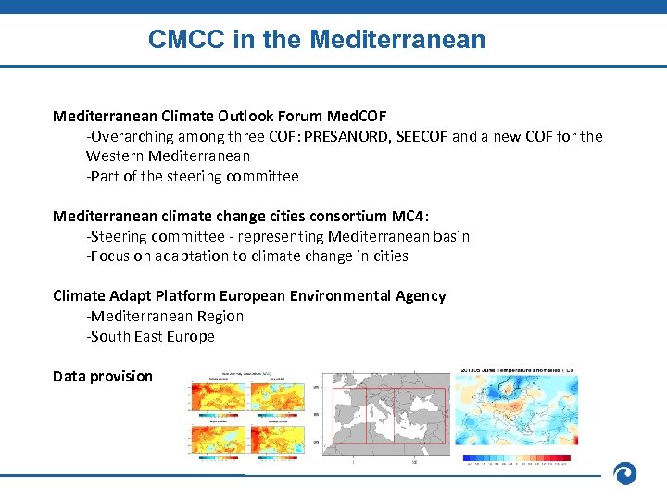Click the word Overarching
point(129,137)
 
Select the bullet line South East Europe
point(151,336)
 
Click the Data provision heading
point(103,376)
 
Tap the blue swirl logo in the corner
point(625,473)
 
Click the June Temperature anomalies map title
point(517,370)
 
